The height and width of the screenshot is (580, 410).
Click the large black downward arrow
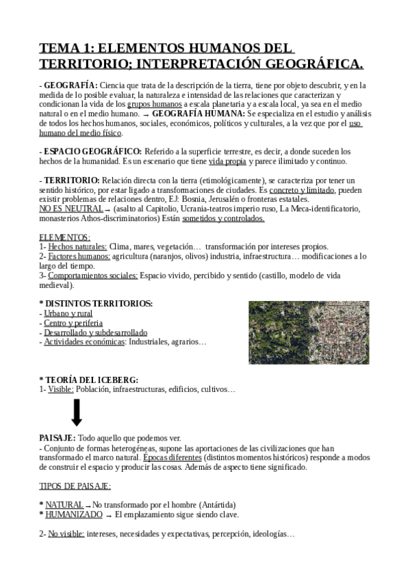(77, 412)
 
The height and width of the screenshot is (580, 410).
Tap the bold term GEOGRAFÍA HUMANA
(198, 113)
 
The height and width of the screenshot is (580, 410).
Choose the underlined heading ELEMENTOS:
(64, 237)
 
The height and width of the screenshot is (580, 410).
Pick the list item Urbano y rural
(68, 313)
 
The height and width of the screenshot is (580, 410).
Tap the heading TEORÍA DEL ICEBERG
(92, 380)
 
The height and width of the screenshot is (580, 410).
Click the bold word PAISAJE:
(57, 437)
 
